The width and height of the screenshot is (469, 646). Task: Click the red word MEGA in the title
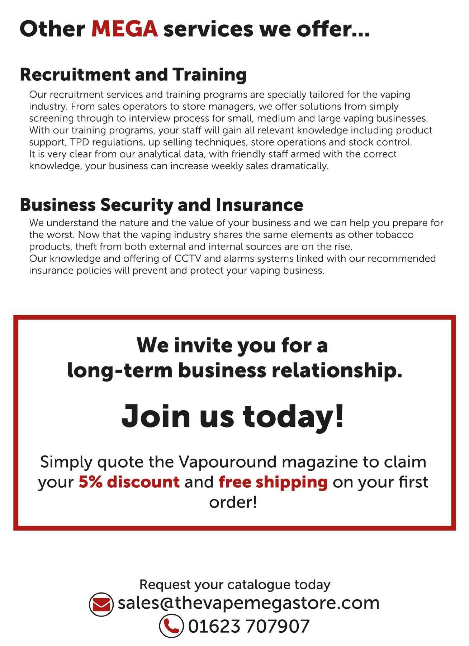coord(124,29)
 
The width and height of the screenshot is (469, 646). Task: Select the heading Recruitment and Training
coord(133,75)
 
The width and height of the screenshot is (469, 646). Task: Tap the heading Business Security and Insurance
coord(161,205)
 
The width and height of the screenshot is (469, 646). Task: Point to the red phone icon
coord(171,626)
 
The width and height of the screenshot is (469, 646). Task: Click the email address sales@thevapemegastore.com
coord(248,603)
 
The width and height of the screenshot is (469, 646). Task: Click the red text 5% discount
coord(129,482)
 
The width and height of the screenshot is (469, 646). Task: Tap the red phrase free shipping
coord(273,482)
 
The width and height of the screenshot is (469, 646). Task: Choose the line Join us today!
coord(232,416)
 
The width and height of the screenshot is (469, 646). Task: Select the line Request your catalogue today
coord(234,585)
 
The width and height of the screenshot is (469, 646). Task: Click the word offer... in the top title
coord(333,29)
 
